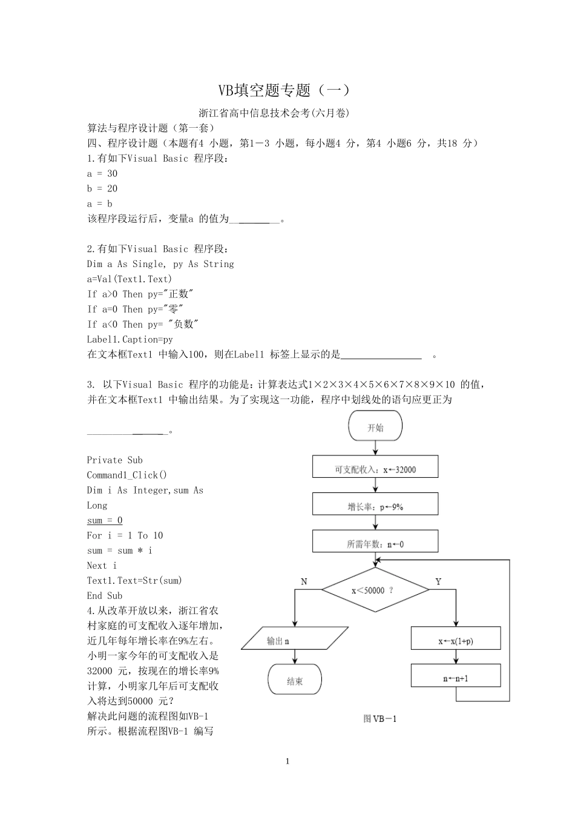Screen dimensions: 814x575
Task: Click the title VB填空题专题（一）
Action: [x=283, y=91]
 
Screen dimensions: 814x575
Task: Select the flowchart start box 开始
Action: [x=375, y=427]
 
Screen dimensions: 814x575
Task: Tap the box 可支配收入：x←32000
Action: [x=375, y=469]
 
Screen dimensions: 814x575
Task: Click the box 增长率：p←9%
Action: [x=375, y=506]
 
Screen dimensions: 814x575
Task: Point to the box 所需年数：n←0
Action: [x=375, y=544]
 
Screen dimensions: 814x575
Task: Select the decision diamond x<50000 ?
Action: [x=375, y=590]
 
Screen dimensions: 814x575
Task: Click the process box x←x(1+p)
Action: [x=456, y=640]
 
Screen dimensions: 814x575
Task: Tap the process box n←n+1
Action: [x=456, y=678]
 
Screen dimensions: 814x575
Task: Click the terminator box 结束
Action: [x=295, y=681]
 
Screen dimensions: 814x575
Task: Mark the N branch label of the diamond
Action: [x=304, y=581]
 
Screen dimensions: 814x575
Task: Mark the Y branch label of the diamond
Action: [x=438, y=581]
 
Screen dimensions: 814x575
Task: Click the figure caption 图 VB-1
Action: [x=379, y=719]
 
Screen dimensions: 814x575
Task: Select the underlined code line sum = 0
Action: [x=105, y=520]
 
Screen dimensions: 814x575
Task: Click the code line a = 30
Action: [x=102, y=173]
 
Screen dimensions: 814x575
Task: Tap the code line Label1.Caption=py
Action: [x=130, y=339]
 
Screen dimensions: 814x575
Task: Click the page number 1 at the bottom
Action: [x=287, y=761]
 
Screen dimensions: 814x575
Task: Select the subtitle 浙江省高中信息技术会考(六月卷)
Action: [x=274, y=113]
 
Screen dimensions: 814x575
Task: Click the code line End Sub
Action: [x=104, y=595]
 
